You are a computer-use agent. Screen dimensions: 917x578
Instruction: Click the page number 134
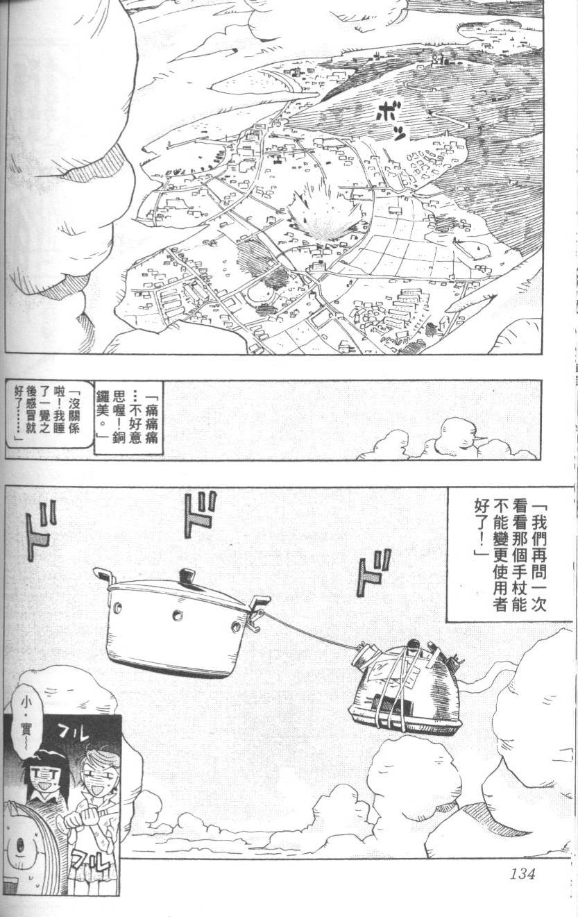(515, 873)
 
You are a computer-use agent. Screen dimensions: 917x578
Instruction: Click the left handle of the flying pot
(103, 575)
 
